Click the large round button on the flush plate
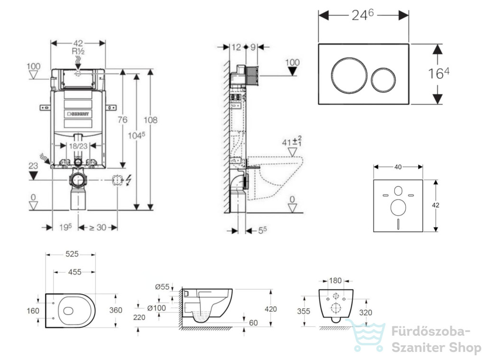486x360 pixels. coord(349,75)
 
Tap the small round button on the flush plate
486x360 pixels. coord(383,80)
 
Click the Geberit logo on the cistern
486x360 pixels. coord(78,114)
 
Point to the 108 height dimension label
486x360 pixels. coord(150,120)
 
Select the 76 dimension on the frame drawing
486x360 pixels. coord(122,119)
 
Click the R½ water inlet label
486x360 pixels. coord(78,51)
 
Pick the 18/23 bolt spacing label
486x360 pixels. coord(78,146)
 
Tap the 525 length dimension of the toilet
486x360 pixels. coord(72,254)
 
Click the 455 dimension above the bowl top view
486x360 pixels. coord(75,272)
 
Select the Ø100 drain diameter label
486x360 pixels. coord(157,308)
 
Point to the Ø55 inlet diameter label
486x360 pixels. coord(162,287)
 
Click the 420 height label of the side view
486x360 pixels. coord(271,309)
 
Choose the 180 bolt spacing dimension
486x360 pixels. coord(335,281)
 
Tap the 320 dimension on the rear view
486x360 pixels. coord(365,313)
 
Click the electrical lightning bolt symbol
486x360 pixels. coord(128,180)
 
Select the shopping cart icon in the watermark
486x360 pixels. coord(366,335)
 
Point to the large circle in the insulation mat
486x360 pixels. coord(398,208)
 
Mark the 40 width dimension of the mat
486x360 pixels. coord(398,167)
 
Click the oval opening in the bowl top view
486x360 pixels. coord(68,311)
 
